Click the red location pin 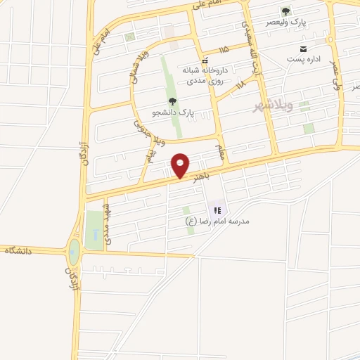point(181,165)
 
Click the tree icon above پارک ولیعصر point(285,11)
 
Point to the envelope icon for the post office point(303,49)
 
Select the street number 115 point(224,50)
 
